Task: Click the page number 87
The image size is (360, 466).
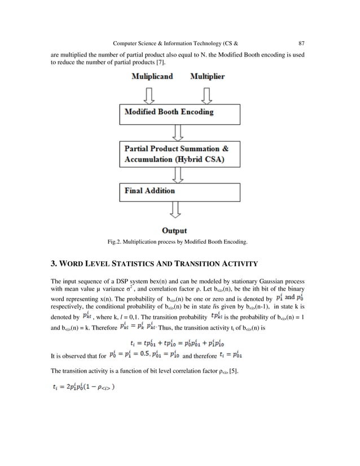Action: (301, 41)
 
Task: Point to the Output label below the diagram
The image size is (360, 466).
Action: (175, 230)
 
